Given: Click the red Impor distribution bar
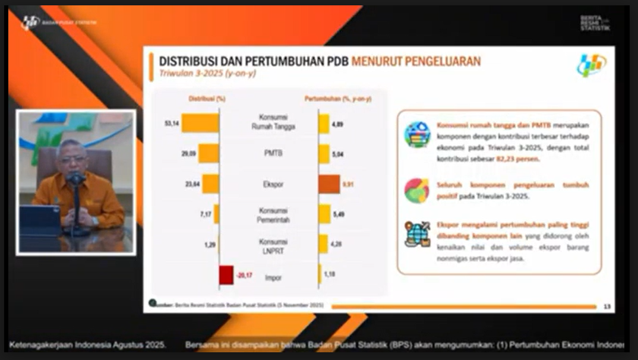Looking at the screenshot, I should coord(226,275).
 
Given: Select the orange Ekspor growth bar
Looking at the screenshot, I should coord(329,184).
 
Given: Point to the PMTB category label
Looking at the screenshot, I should coord(273,153).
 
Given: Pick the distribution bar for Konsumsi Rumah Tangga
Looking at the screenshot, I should coord(200,123).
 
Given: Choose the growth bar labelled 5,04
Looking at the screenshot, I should coord(324,154).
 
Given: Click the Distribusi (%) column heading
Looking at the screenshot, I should coord(203,99).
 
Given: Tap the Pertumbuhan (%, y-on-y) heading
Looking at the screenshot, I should coord(337,99).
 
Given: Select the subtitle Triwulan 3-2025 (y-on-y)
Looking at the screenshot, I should coord(207,73).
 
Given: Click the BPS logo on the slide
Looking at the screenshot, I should coord(591,65).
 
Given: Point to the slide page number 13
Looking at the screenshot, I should coord(607,307).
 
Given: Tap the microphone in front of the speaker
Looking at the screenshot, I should coord(75,178).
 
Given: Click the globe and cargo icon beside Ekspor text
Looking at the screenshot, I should coord(417,233).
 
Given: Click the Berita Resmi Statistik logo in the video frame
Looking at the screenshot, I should coord(595,24).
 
